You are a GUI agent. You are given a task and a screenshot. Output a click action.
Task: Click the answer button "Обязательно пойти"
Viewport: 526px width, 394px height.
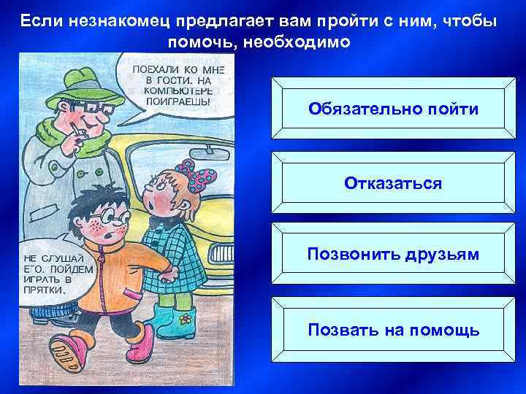pyautogui.click(x=393, y=109)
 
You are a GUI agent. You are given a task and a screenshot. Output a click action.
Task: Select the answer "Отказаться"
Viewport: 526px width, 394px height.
pyautogui.click(x=393, y=182)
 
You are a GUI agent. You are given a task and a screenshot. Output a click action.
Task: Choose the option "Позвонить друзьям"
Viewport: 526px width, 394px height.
pyautogui.click(x=393, y=255)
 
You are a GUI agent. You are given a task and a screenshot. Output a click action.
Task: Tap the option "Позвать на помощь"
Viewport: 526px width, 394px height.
pyautogui.click(x=393, y=330)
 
